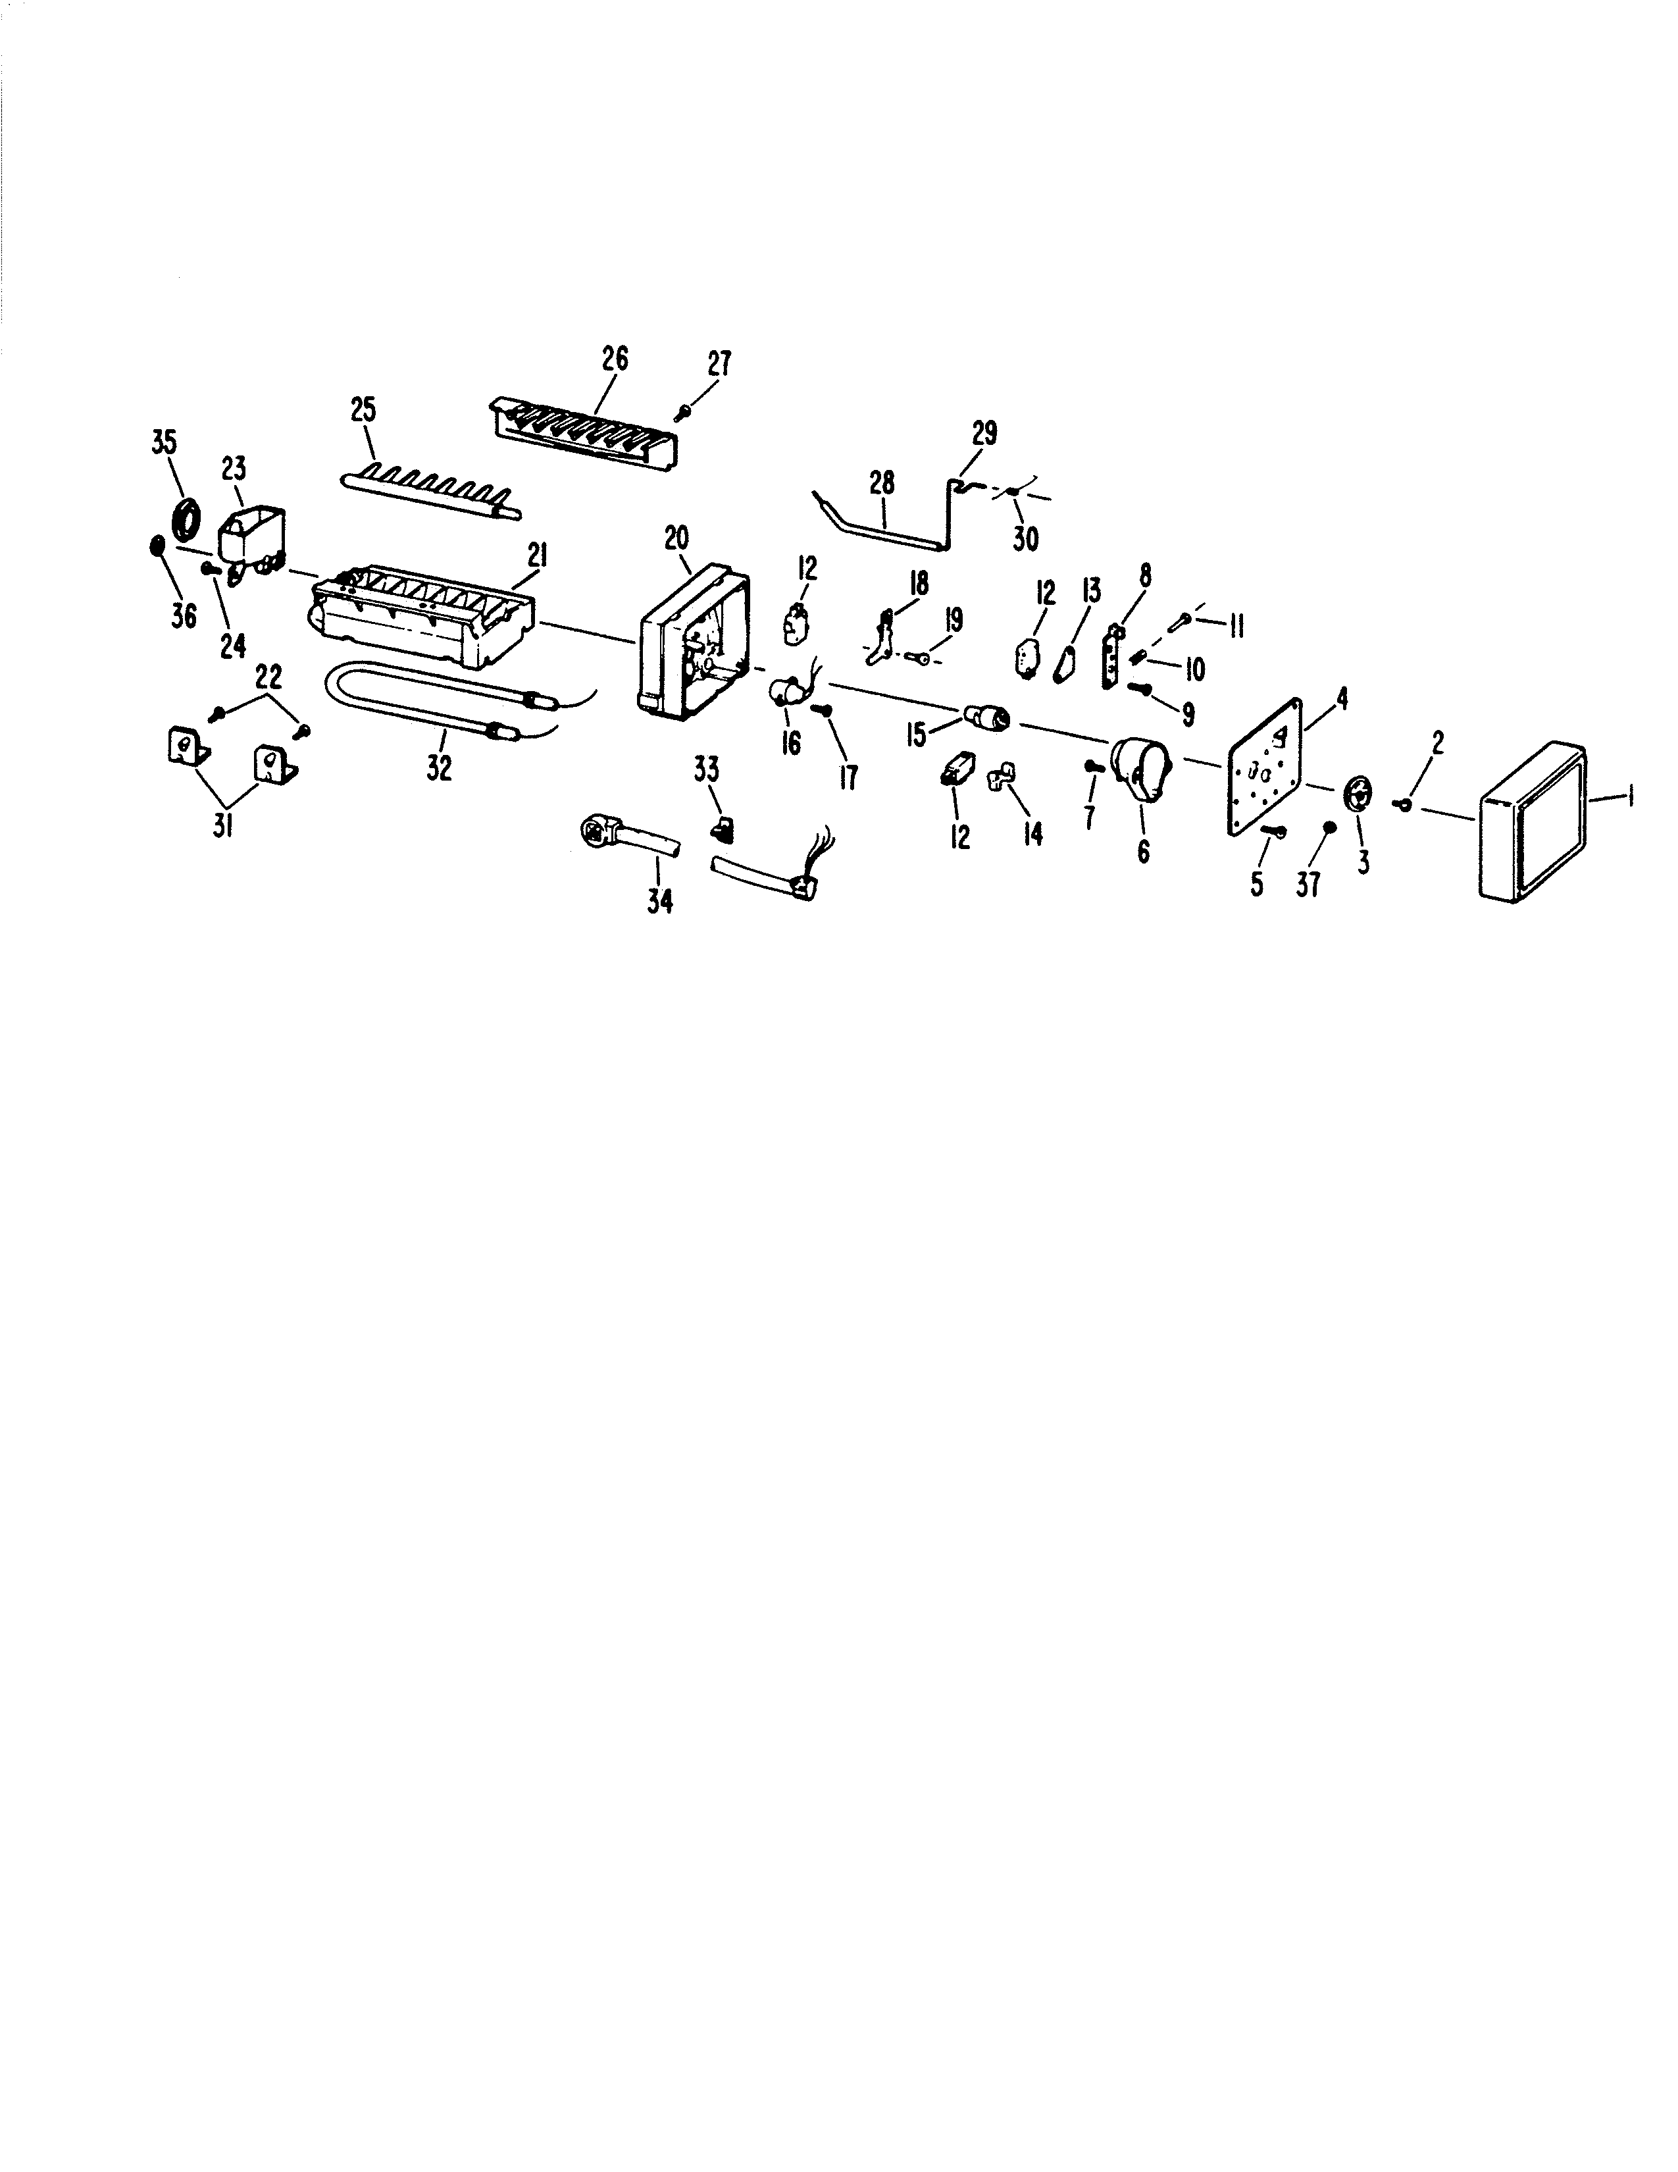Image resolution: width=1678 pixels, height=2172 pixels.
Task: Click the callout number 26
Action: pos(615,359)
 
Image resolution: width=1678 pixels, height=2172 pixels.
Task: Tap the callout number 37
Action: pos(1308,881)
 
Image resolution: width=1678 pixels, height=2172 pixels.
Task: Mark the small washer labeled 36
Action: pos(155,546)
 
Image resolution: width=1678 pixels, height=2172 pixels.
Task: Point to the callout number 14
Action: pos(1034,833)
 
